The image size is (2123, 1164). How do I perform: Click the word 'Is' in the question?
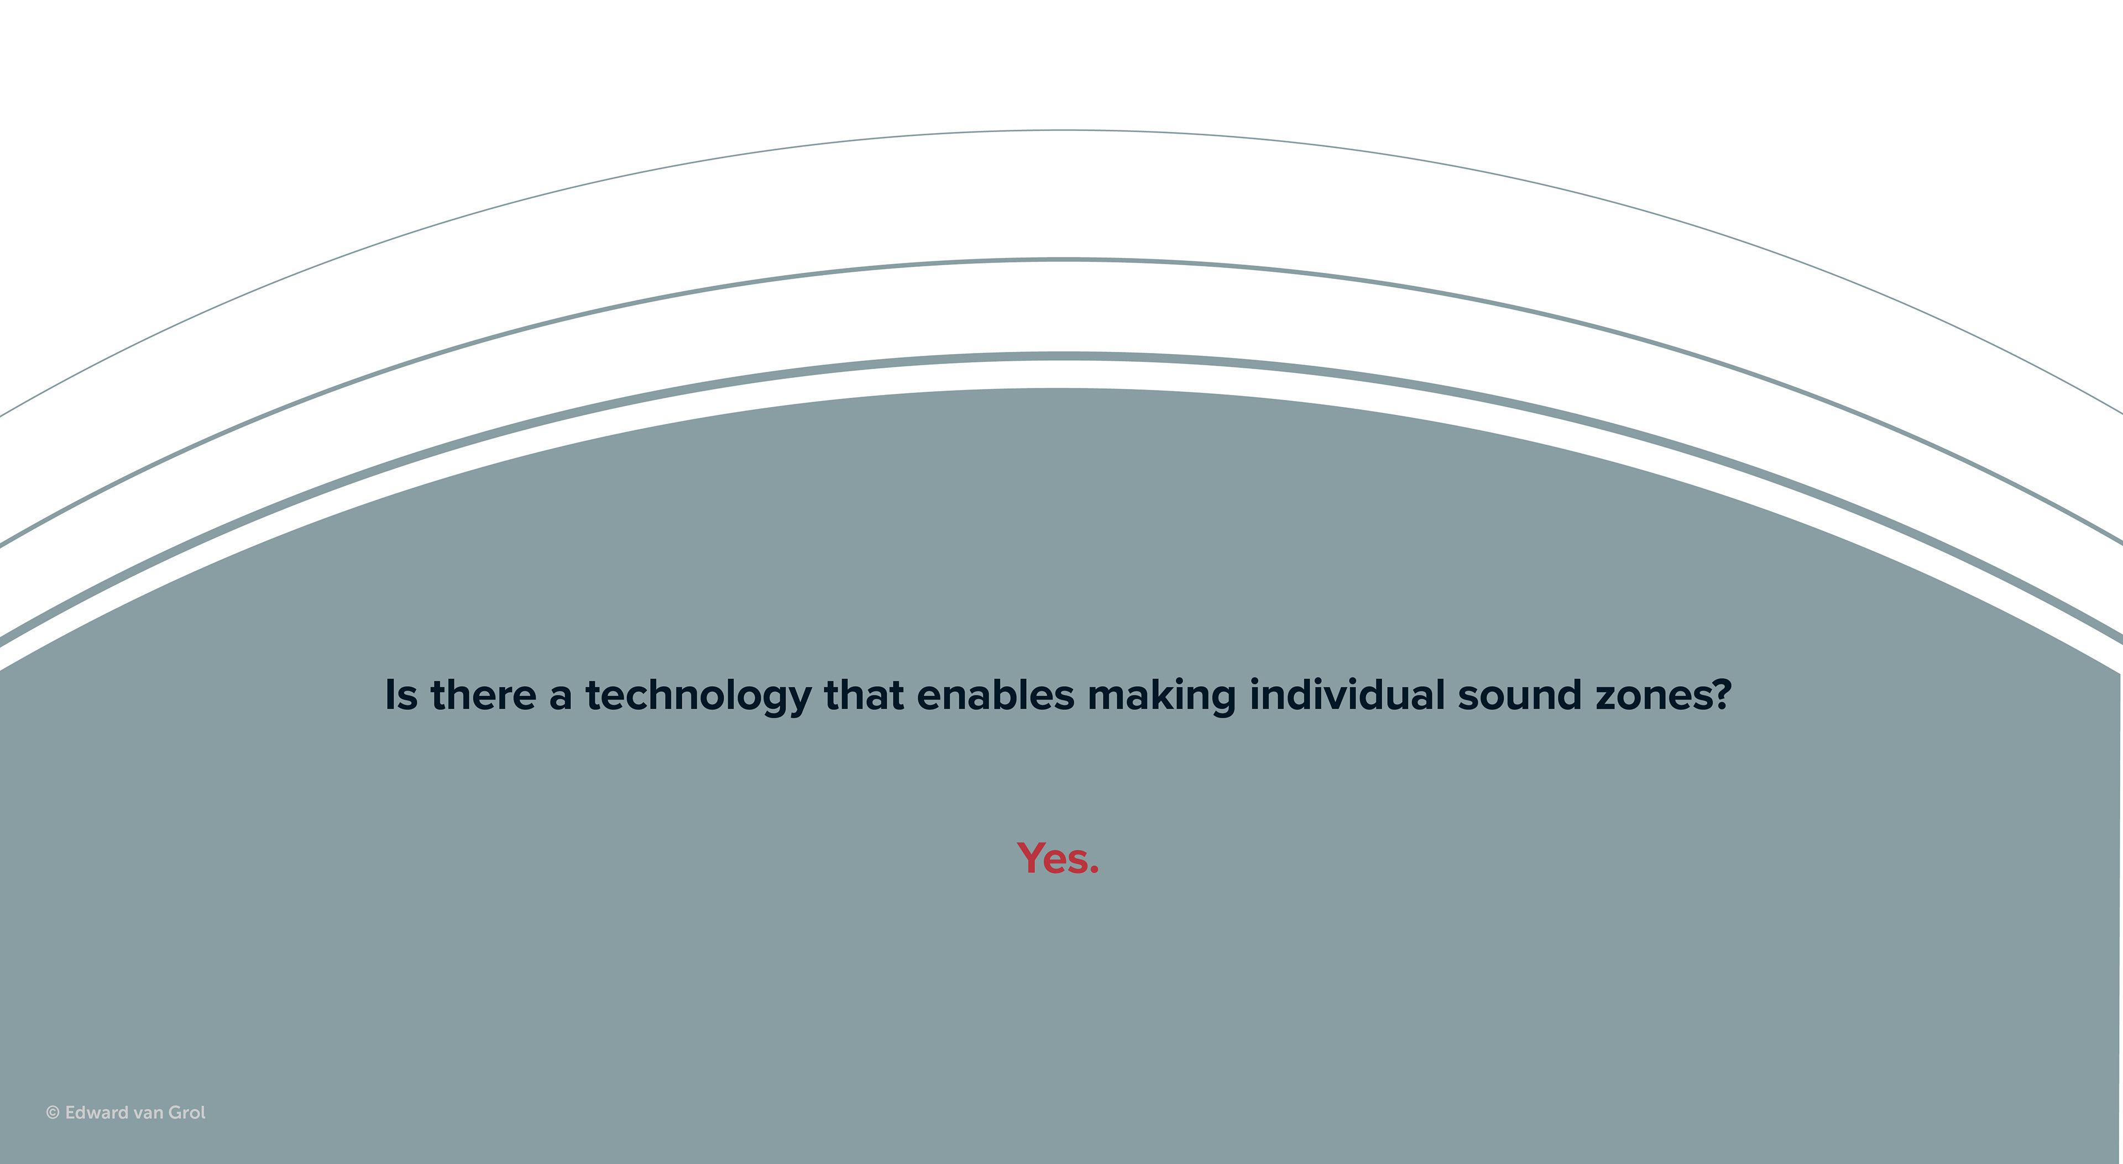pos(401,694)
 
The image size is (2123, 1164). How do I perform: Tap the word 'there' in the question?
pos(484,694)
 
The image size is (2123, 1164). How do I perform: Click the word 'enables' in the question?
pos(996,694)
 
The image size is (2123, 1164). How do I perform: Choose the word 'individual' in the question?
pos(1347,694)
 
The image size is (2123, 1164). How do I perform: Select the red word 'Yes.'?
pos(1058,858)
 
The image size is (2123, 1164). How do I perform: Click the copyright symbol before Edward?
pos(53,1113)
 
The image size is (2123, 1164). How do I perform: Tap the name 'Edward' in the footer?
pos(97,1112)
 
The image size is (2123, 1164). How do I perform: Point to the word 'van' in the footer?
pos(149,1114)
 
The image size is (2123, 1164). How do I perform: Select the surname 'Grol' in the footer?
pos(187,1112)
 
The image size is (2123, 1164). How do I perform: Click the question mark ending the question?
pos(1722,694)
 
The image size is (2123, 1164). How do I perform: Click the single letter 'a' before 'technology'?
pos(561,698)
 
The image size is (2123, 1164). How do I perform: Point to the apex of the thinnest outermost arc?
pos(1061,130)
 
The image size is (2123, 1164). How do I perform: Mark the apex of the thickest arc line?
pos(1061,356)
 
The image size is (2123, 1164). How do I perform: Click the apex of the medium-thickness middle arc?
pos(1061,260)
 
